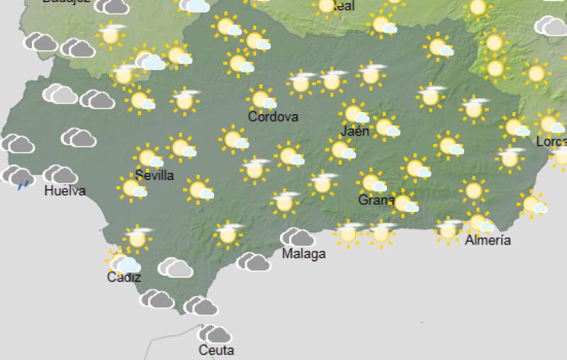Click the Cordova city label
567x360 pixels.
click(273, 117)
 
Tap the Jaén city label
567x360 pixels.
click(355, 131)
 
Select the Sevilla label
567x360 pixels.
click(154, 175)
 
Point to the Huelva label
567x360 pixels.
click(64, 191)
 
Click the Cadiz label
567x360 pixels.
click(124, 277)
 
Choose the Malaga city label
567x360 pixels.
click(304, 254)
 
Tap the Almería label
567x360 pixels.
click(488, 240)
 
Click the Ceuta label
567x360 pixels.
click(216, 350)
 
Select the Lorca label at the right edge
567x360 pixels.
click(551, 142)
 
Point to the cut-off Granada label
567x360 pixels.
click(376, 201)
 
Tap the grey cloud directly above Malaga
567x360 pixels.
click(297, 237)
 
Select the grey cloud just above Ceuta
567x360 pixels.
click(214, 334)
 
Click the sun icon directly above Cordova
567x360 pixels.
click(262, 99)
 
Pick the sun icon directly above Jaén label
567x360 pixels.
click(354, 113)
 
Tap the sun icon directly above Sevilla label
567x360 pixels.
click(148, 157)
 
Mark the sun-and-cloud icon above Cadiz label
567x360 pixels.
click(123, 263)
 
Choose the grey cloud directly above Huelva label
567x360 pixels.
click(61, 174)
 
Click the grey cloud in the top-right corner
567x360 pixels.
click(551, 27)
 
